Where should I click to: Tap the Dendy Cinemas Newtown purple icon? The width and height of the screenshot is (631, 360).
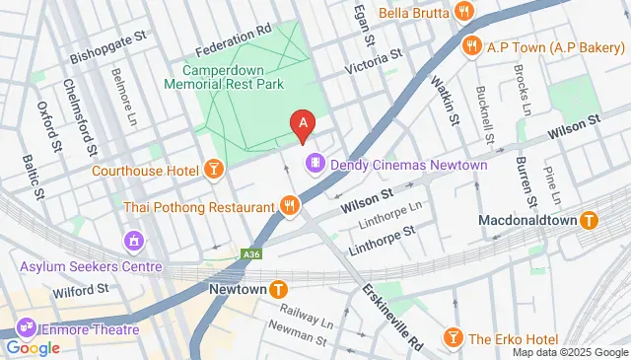click(315, 163)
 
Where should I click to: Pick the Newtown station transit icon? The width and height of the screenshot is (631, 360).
click(279, 289)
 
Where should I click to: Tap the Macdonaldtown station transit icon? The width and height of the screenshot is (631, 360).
click(589, 220)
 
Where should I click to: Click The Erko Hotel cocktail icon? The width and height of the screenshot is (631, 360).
click(453, 338)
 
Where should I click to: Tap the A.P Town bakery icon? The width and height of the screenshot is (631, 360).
click(473, 45)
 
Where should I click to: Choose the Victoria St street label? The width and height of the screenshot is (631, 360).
click(374, 65)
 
